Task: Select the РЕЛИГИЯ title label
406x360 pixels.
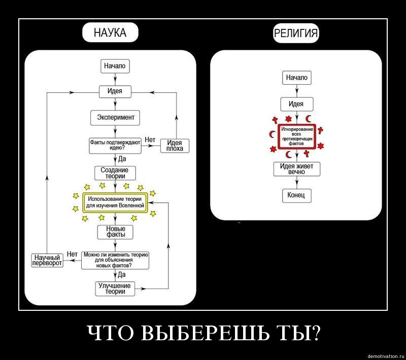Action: pos(296,33)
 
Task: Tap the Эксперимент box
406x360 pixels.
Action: pos(115,118)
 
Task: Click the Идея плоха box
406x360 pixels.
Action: pos(175,146)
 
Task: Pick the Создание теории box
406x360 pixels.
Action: pos(115,173)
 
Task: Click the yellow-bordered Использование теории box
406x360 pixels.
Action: pos(115,202)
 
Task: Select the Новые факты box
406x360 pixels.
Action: pos(115,232)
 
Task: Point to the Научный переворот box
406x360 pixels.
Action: pos(47,260)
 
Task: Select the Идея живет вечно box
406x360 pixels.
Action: pos(296,169)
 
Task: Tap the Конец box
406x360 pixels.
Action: pos(296,195)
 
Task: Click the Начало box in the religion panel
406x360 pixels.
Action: pos(296,78)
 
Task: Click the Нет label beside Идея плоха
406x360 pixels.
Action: pos(150,139)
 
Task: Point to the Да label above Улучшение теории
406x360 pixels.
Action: pos(122,275)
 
